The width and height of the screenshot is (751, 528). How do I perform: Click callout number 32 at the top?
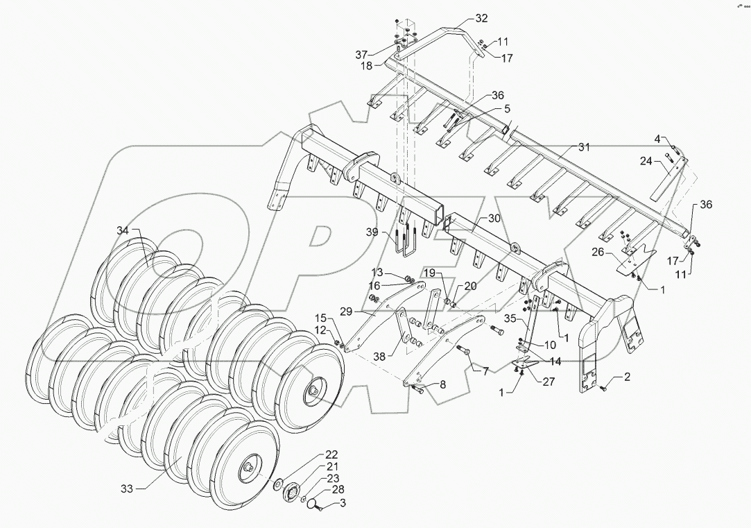click(x=481, y=18)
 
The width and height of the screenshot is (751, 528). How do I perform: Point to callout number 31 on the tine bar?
click(x=584, y=147)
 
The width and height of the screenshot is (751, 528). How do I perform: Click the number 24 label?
click(x=646, y=162)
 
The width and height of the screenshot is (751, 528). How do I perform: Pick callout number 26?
click(x=597, y=253)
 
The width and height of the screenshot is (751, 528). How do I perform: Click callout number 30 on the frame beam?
click(x=493, y=218)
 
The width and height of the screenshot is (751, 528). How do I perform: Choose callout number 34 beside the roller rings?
click(x=123, y=230)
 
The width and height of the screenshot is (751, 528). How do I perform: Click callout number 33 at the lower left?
click(x=126, y=488)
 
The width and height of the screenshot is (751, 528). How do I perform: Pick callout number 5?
click(x=507, y=108)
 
